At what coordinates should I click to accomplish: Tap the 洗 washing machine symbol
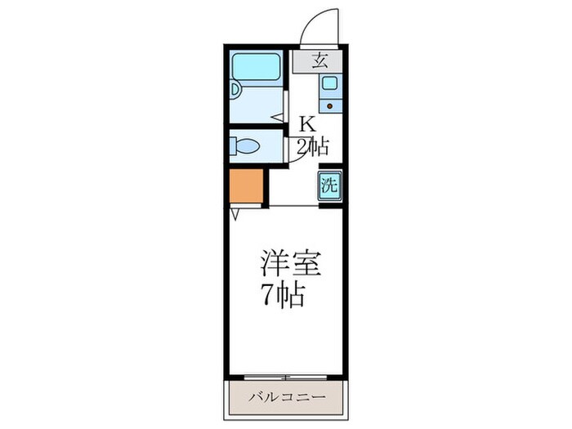pos(328,185)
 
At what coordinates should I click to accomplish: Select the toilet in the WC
pos(245,147)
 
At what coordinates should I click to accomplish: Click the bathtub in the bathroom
pos(257,67)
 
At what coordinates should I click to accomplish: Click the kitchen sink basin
pos(329,83)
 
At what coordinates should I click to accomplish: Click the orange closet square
pos(246,187)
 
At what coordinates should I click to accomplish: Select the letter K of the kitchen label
pos(306,124)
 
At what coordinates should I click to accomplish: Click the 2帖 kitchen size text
pos(312,147)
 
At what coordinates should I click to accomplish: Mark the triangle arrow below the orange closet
pos(235,213)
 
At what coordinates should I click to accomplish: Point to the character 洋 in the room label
pos(273,265)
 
